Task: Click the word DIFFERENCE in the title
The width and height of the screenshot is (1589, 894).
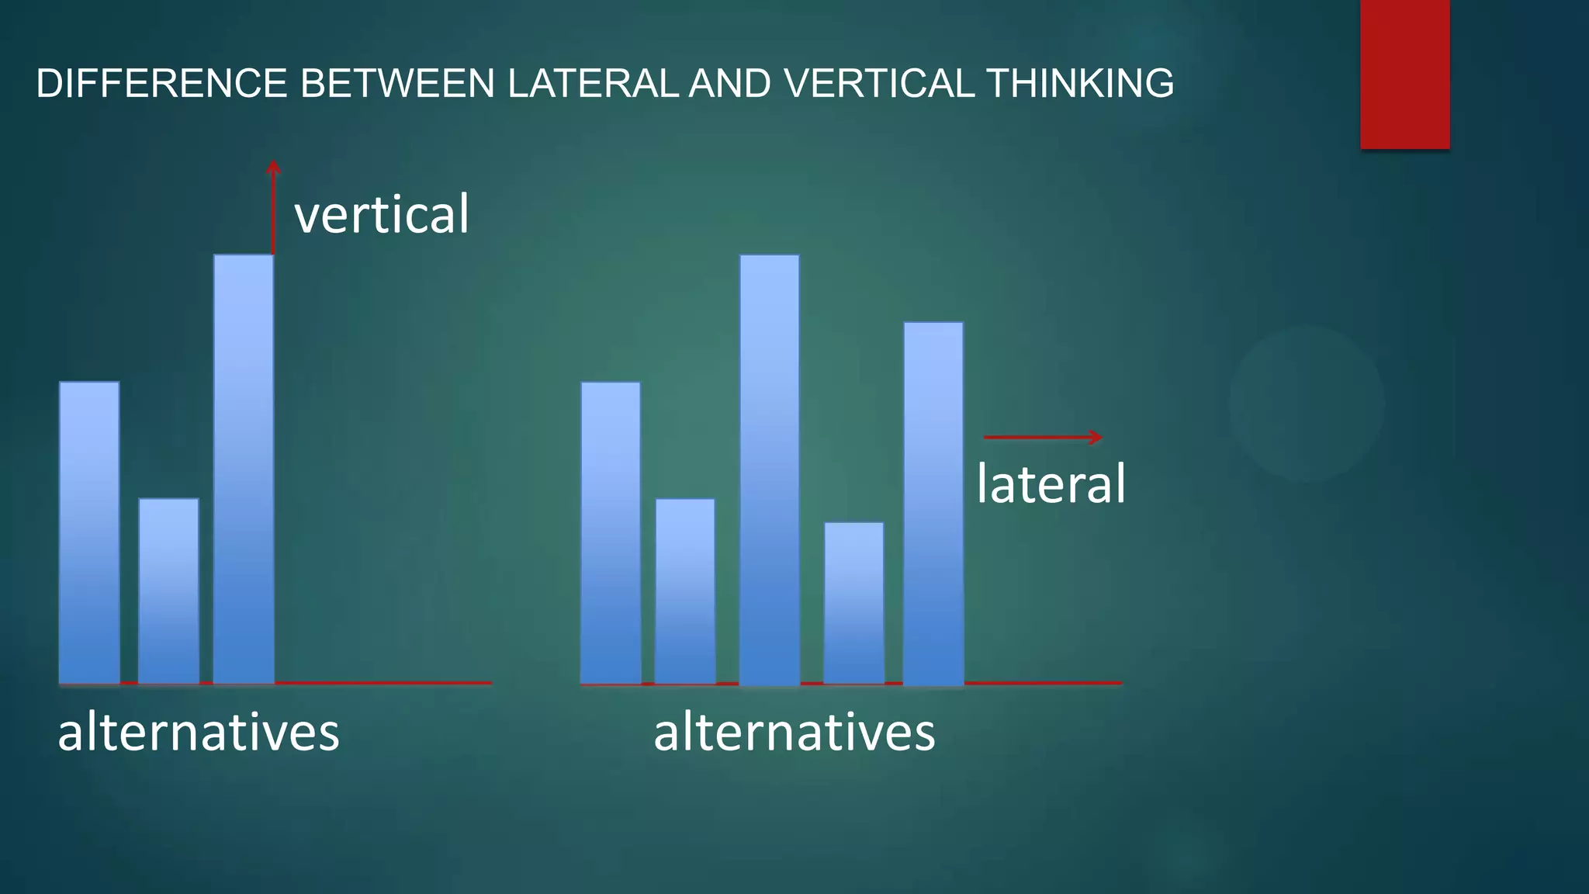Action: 161,84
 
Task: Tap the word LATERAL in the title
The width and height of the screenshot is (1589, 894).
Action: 593,84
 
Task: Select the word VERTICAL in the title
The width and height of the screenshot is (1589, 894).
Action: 878,84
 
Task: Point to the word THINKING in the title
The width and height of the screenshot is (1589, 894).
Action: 1080,84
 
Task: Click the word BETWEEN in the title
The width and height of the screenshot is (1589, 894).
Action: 397,84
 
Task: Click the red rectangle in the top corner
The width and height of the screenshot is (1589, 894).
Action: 1404,74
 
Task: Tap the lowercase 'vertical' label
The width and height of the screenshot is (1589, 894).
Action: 382,214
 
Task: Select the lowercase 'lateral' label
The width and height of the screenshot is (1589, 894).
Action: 1051,484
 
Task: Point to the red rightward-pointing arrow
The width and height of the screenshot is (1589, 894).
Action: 1043,438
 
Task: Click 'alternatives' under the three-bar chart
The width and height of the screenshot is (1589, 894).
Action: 199,733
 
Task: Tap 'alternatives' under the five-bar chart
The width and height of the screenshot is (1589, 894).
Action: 794,733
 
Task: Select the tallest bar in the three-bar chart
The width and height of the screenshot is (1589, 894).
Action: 244,470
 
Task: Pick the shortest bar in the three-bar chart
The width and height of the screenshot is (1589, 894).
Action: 168,591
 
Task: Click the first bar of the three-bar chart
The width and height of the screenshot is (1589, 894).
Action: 89,533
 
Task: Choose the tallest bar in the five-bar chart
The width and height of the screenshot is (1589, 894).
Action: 769,470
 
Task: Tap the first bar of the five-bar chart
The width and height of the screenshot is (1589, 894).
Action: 611,533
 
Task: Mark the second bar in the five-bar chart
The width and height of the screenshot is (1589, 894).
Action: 685,591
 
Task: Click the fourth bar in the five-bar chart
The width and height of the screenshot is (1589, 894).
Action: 853,603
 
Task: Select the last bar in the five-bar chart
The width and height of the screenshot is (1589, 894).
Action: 933,504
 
